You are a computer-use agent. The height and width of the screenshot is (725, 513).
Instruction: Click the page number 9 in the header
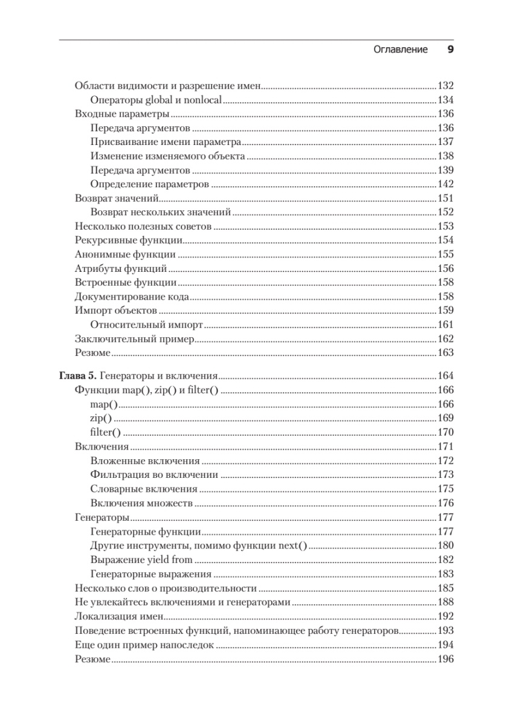coord(450,50)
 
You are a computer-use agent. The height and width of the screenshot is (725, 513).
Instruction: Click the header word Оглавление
coord(401,50)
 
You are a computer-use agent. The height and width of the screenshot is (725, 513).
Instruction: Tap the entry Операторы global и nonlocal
coord(156,100)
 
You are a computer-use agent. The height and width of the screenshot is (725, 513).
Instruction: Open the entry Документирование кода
coord(132,296)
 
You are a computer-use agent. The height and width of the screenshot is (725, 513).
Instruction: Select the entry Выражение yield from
coord(141,560)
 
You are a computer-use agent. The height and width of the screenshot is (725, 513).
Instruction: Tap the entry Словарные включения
coord(144,489)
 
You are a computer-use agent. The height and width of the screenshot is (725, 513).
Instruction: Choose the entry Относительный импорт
coord(146,324)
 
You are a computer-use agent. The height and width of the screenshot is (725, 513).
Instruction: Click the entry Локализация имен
coord(120,617)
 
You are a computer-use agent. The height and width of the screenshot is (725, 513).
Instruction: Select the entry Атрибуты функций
coord(121,268)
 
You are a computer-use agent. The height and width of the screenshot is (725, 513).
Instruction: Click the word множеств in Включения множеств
coord(172,503)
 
